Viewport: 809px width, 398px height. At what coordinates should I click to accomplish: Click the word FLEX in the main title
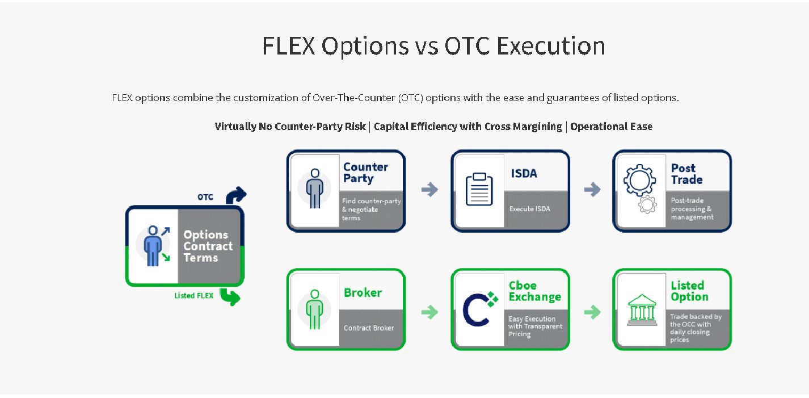pyautogui.click(x=289, y=46)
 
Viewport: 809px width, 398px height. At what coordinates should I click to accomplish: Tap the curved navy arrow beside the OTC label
pyautogui.click(x=236, y=195)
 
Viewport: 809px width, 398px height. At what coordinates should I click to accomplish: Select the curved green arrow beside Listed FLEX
pyautogui.click(x=230, y=297)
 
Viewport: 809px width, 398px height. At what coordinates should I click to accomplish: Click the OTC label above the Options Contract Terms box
pyautogui.click(x=205, y=197)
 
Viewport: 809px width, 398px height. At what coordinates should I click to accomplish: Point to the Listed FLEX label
pyautogui.click(x=194, y=296)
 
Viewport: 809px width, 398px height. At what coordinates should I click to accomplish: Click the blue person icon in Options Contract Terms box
pyautogui.click(x=153, y=246)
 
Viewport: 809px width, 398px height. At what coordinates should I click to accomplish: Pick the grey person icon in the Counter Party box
pyautogui.click(x=314, y=188)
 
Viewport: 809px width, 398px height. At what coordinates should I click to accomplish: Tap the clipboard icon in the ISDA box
pyautogui.click(x=479, y=189)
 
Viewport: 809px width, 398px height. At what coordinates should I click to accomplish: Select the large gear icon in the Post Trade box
pyautogui.click(x=639, y=180)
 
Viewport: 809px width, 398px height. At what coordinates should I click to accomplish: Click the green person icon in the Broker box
pyautogui.click(x=314, y=309)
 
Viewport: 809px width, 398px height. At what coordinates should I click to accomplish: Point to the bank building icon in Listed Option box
pyautogui.click(x=642, y=310)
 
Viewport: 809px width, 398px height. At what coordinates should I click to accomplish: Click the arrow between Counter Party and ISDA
pyautogui.click(x=429, y=190)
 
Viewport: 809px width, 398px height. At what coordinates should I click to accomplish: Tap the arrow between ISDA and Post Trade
pyautogui.click(x=592, y=190)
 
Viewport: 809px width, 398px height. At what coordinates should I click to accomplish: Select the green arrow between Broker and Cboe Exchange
pyautogui.click(x=429, y=312)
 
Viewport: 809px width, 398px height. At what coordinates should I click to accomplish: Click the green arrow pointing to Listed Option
pyautogui.click(x=592, y=312)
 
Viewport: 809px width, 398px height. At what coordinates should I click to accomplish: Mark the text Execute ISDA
pyautogui.click(x=529, y=208)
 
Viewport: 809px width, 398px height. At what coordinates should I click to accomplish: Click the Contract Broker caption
pyautogui.click(x=369, y=328)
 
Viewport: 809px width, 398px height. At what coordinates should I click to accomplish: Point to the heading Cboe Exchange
pyautogui.click(x=535, y=291)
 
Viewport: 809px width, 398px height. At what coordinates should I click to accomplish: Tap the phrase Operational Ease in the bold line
pyautogui.click(x=612, y=127)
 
